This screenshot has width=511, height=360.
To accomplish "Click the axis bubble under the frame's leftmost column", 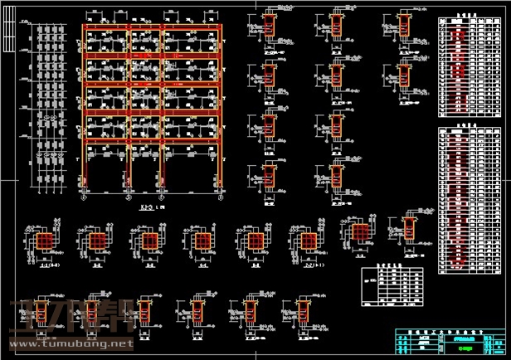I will point(83,198).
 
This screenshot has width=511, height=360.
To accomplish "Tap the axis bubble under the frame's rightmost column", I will point(221,198).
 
